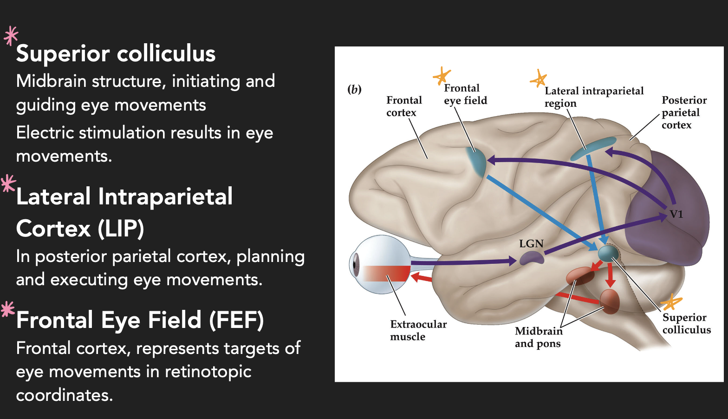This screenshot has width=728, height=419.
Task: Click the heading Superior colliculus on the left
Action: (x=116, y=53)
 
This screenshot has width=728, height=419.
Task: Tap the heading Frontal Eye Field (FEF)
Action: (x=140, y=320)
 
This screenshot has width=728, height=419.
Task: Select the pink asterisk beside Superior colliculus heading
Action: (x=11, y=36)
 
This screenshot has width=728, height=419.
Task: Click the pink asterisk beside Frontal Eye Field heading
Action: (x=8, y=309)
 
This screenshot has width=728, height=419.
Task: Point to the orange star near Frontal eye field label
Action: (x=442, y=76)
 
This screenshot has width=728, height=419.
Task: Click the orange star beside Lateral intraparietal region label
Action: (x=538, y=79)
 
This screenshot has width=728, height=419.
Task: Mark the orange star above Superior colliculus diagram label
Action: (x=671, y=303)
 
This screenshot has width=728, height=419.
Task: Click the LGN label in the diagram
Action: (x=531, y=244)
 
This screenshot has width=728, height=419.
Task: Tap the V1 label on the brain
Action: (x=676, y=214)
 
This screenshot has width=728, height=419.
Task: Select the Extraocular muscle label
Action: (x=418, y=330)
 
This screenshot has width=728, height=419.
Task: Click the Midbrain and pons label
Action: (x=538, y=337)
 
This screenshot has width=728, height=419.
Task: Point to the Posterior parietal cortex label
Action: (x=684, y=112)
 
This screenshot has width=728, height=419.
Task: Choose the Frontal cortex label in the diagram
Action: (x=404, y=106)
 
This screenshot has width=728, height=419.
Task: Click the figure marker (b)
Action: (x=354, y=89)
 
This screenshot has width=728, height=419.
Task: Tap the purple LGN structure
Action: (x=531, y=258)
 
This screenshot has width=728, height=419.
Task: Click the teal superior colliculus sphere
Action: (x=608, y=254)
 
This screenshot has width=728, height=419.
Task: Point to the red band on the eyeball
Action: (x=385, y=273)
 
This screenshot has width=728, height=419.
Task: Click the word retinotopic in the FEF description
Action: (x=208, y=372)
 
